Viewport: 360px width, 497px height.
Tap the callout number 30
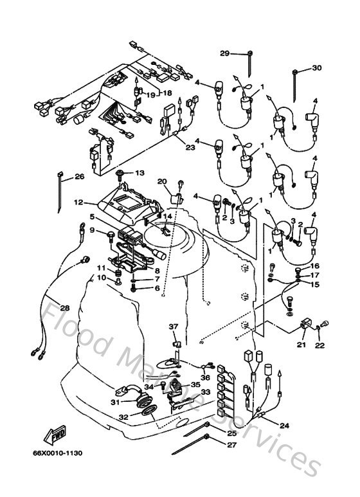tap(316, 68)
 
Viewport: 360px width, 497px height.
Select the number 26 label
tap(79, 176)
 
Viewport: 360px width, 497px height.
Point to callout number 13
tap(139, 173)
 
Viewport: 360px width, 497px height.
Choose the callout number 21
tap(301, 345)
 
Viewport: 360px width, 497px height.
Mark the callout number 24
tap(284, 425)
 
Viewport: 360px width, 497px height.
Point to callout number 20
tap(162, 181)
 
